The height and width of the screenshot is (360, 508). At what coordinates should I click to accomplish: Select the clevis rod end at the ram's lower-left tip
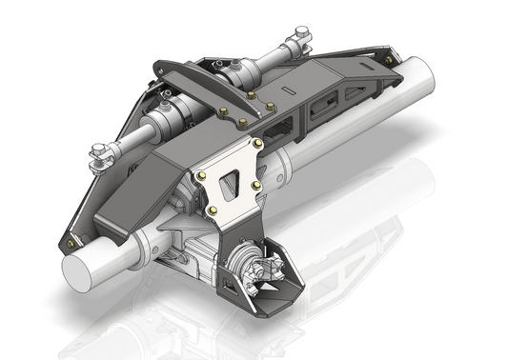99,153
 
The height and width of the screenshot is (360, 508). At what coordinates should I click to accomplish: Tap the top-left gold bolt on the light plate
201,176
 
